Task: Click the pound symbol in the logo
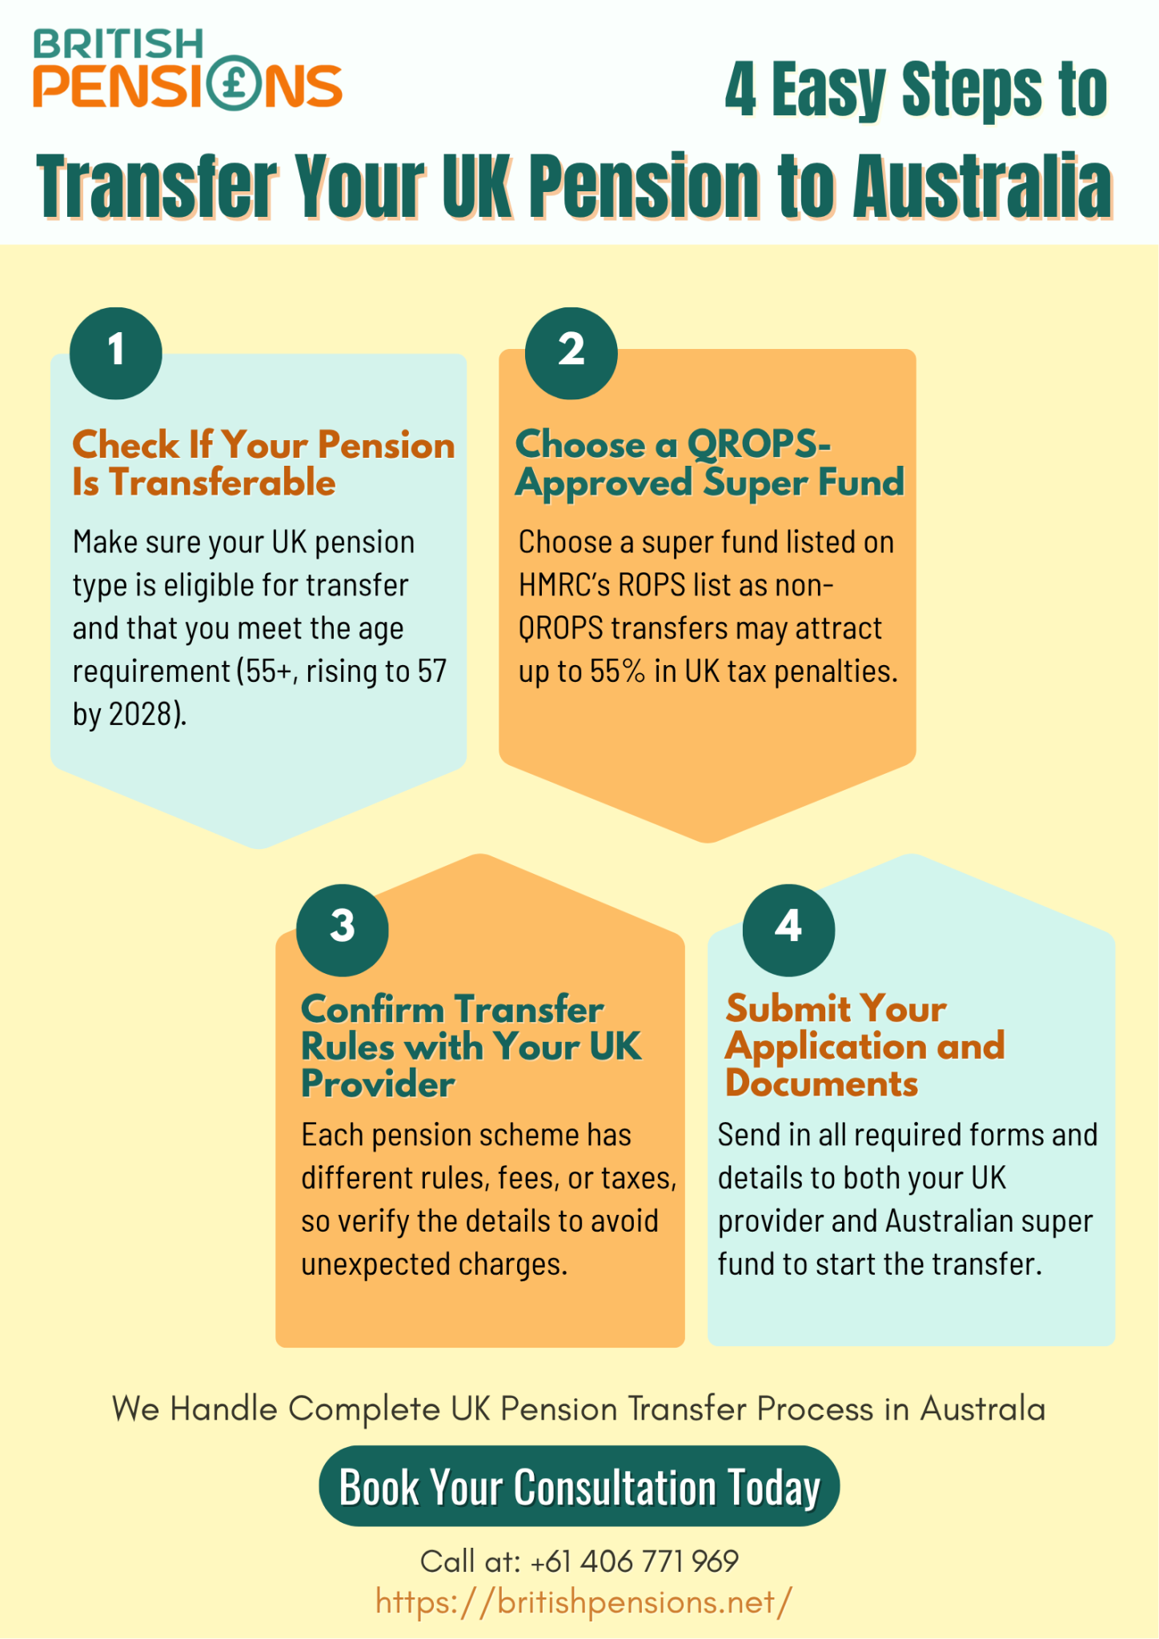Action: coord(236,84)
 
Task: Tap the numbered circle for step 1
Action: coord(116,353)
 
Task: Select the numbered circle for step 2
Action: coord(571,353)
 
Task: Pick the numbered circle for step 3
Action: coord(343,929)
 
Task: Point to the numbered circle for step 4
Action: coord(788,929)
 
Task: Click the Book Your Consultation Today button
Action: coord(579,1487)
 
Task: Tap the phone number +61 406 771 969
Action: coord(635,1561)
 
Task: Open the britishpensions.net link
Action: coord(584,1602)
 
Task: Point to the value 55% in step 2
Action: coord(617,671)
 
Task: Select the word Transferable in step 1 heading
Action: coord(223,483)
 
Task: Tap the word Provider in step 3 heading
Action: coord(378,1084)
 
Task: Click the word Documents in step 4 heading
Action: coord(821,1084)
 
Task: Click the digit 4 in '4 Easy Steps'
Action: coord(740,90)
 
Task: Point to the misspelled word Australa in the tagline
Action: coord(982,1409)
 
